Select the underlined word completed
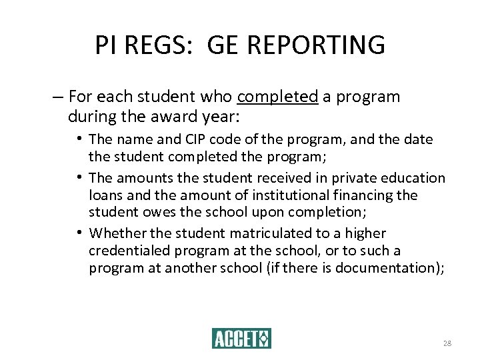coord(277,97)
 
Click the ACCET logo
coord(241,339)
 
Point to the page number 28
coord(447,343)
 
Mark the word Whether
coord(116,233)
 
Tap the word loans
coord(105,195)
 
